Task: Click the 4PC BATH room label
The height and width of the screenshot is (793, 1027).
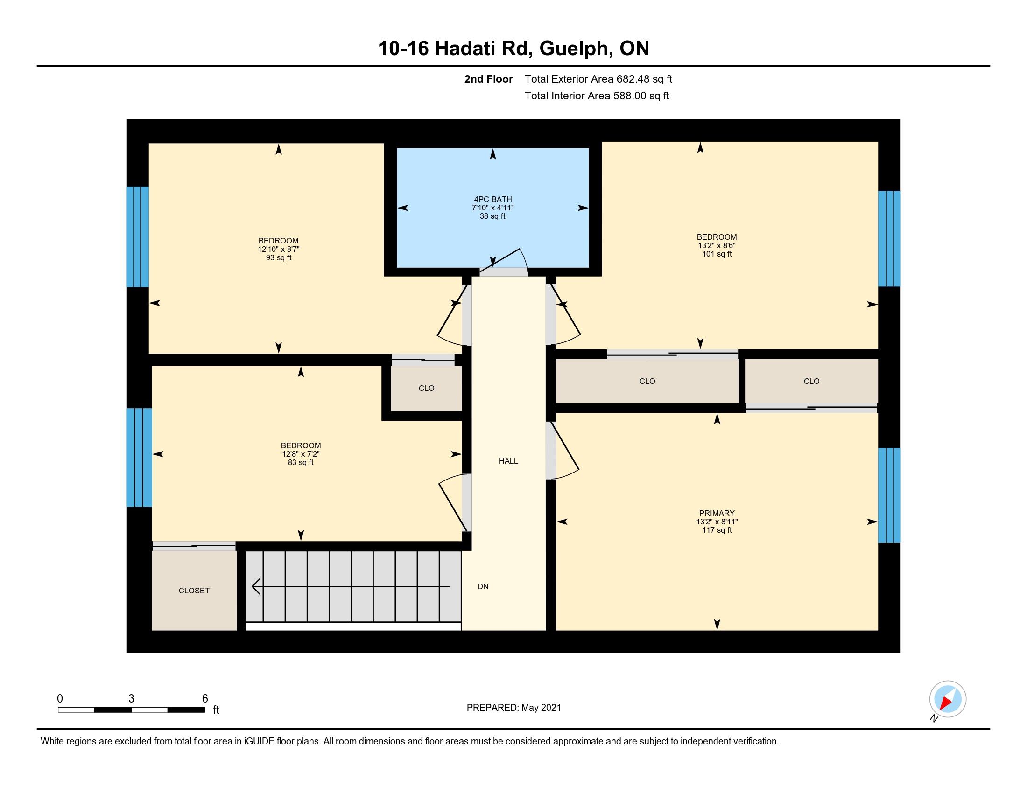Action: click(493, 199)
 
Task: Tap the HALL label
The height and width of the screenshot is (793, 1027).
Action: click(508, 461)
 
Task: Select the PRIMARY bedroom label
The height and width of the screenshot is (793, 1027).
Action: click(717, 513)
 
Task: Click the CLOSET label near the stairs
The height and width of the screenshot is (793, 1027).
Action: click(194, 591)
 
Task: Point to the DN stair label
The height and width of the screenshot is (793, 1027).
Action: click(483, 586)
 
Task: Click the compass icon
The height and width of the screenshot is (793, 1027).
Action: click(948, 699)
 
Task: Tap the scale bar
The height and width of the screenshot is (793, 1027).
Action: click(132, 710)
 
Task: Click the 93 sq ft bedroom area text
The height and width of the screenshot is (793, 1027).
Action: click(278, 257)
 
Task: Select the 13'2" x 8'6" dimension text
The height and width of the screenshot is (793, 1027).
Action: click(717, 245)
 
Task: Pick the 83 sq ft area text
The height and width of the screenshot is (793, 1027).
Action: click(301, 462)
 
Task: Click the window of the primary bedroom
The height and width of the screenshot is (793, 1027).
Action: click(889, 495)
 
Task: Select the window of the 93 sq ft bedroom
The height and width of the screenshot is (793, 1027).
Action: click(137, 237)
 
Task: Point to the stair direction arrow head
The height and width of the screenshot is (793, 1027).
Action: click(256, 586)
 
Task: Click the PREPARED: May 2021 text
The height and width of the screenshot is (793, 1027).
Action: click(513, 708)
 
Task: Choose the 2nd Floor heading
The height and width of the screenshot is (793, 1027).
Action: click(488, 79)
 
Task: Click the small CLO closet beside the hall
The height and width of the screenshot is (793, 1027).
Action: click(427, 388)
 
